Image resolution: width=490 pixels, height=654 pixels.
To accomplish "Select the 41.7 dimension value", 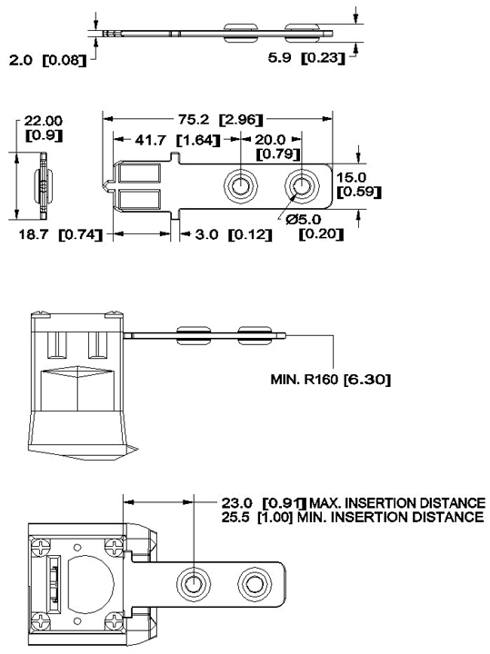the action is (x=150, y=140).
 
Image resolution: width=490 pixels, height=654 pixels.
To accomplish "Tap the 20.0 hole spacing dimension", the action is (x=270, y=139).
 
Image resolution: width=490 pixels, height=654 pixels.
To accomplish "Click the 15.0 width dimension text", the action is (x=352, y=177).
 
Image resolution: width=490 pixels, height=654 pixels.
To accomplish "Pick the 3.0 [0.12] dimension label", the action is (x=234, y=234).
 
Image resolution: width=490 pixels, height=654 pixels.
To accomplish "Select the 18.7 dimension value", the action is (x=34, y=234).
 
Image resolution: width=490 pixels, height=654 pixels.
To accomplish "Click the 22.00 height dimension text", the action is (x=44, y=121).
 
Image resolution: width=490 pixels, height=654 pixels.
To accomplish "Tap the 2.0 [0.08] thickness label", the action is (x=47, y=60).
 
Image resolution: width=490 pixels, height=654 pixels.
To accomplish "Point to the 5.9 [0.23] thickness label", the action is (x=306, y=57).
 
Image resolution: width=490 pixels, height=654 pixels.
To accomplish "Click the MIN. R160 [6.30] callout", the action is (x=331, y=380).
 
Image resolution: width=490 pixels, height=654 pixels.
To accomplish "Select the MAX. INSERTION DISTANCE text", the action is (x=397, y=502).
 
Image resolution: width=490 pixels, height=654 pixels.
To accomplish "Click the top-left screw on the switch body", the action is (x=41, y=547).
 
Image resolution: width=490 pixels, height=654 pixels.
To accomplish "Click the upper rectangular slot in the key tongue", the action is (x=139, y=173).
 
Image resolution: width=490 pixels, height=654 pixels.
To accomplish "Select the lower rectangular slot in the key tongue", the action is (x=139, y=199).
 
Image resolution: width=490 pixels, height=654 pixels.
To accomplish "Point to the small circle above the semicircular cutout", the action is (x=77, y=547).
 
